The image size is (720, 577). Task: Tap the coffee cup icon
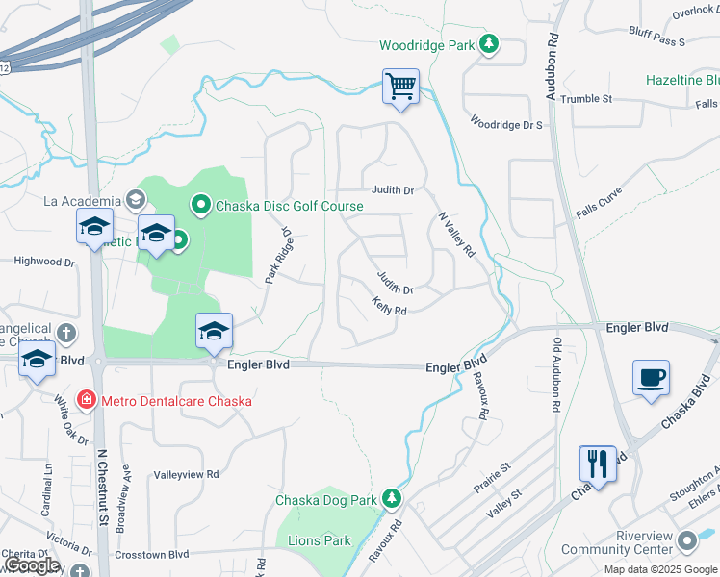(652, 377)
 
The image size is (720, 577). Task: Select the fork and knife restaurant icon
(597, 464)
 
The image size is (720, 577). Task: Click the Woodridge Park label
(427, 45)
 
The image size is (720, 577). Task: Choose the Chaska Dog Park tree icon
(391, 498)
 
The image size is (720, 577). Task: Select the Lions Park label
(320, 540)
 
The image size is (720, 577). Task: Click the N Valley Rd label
(456, 235)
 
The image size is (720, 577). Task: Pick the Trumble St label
(586, 99)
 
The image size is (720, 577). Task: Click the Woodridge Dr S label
(506, 123)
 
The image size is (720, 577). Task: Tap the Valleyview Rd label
(187, 474)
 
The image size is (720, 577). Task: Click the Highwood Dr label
(44, 261)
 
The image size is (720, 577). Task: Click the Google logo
(32, 565)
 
